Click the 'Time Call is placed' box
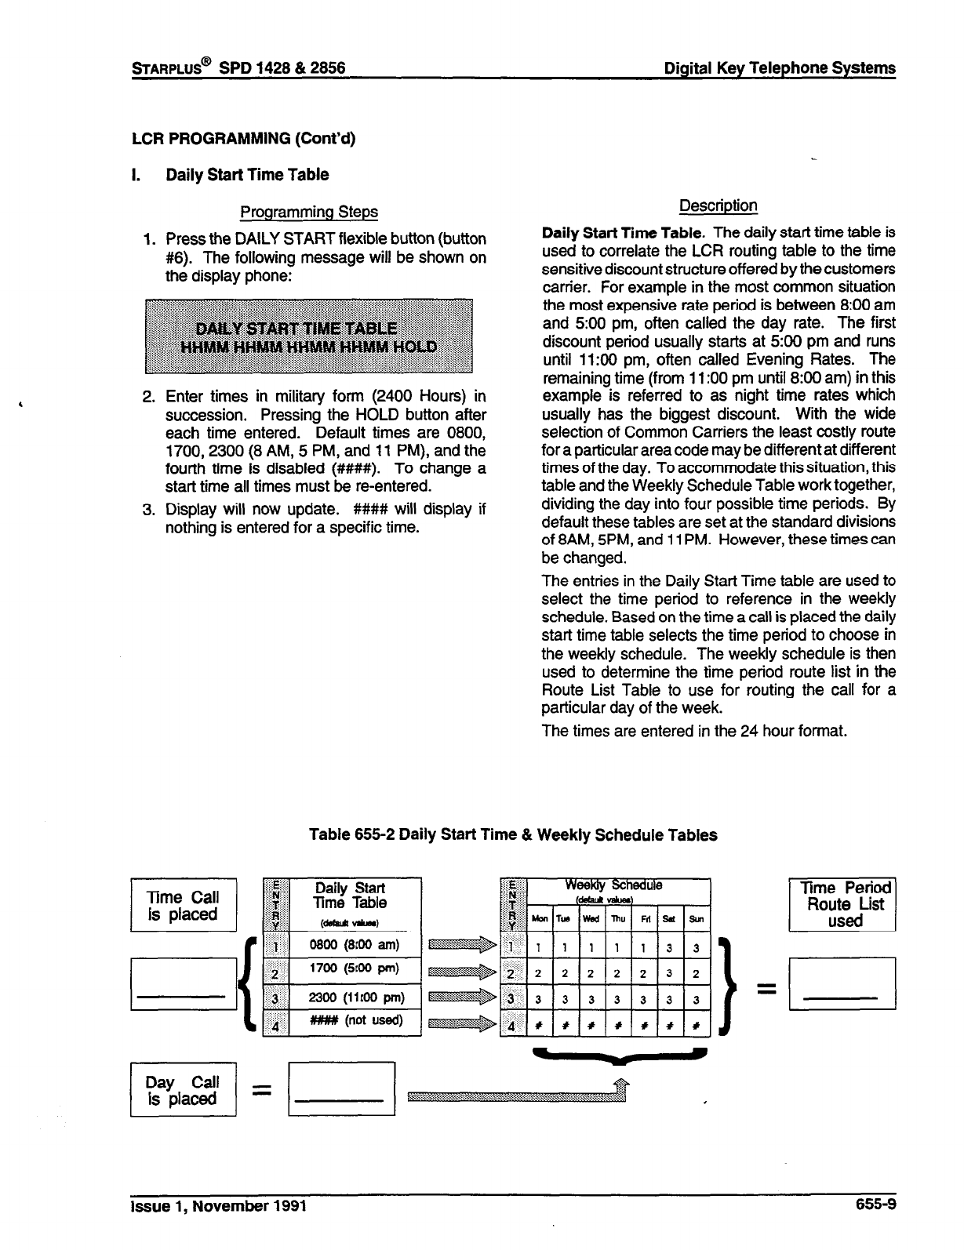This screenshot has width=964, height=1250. click(183, 905)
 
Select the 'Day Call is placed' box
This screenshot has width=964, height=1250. click(183, 1089)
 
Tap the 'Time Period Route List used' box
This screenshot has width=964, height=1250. click(842, 904)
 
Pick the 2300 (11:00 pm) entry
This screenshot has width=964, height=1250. click(355, 997)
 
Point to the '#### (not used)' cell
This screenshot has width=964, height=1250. click(355, 1020)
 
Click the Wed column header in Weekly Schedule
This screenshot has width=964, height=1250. click(590, 918)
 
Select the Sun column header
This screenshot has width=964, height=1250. click(696, 918)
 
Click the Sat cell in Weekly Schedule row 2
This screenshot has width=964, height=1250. click(669, 974)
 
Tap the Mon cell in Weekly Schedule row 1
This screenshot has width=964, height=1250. click(538, 947)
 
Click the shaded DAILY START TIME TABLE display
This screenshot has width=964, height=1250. click(308, 336)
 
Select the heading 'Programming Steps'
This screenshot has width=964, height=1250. click(308, 212)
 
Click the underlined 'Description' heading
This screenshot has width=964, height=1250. click(718, 205)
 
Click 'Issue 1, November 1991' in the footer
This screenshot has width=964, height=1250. click(218, 1205)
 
